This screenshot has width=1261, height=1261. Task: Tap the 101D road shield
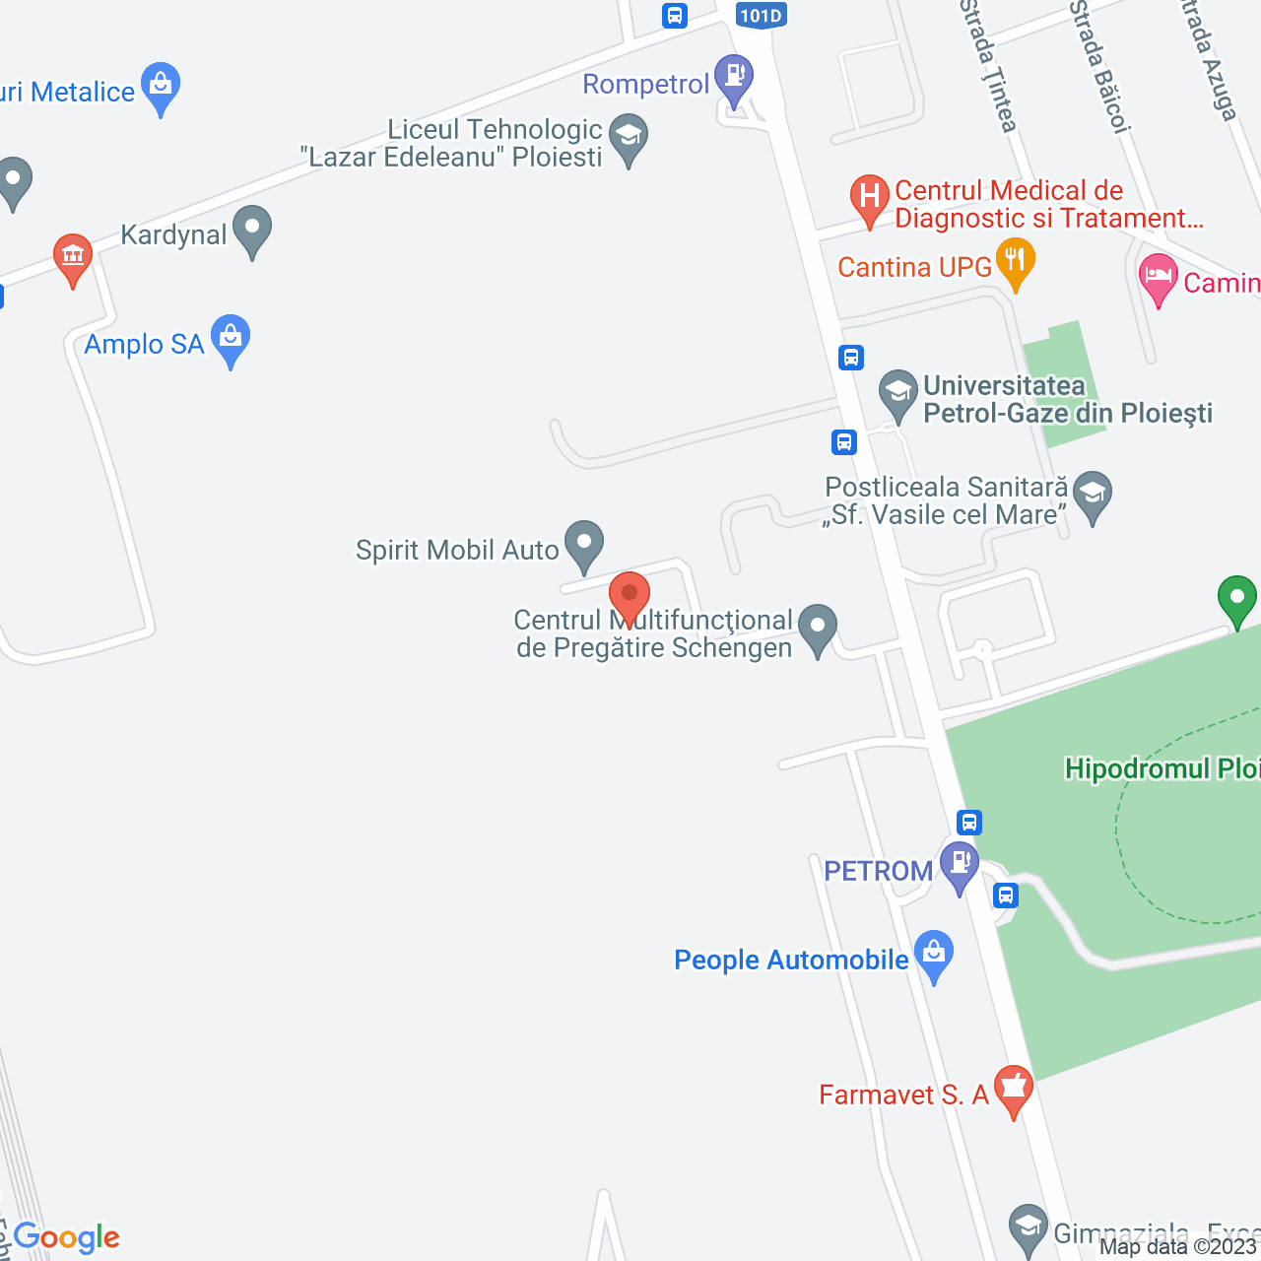click(761, 15)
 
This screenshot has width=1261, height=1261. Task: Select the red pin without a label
click(629, 597)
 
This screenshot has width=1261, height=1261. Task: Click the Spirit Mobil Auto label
click(457, 550)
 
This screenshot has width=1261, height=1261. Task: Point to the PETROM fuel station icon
click(959, 865)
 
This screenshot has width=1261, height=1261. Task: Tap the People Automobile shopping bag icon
click(933, 954)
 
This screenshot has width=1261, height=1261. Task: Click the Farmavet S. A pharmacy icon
click(1012, 1089)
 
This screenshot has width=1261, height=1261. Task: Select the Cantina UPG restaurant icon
click(1014, 262)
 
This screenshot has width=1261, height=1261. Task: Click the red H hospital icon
click(869, 197)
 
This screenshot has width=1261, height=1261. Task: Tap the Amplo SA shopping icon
click(231, 338)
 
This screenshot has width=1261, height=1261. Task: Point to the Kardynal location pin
click(252, 229)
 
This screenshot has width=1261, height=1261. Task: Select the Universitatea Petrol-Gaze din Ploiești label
click(1067, 399)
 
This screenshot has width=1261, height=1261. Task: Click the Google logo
click(67, 1237)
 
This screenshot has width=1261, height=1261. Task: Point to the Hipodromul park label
click(1162, 768)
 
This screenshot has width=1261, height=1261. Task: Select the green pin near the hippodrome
click(1236, 598)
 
